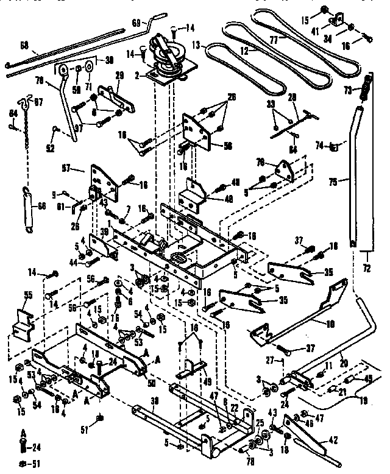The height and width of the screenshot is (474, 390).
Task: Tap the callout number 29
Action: [119, 74]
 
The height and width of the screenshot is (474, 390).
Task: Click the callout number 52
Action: [49, 148]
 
